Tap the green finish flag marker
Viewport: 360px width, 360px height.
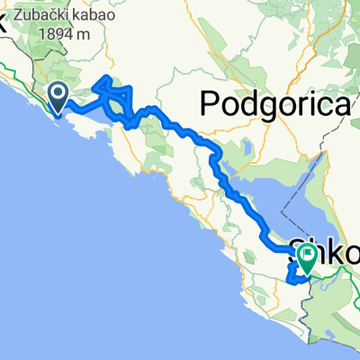(x=306, y=258)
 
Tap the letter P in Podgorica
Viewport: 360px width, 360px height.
(x=210, y=104)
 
